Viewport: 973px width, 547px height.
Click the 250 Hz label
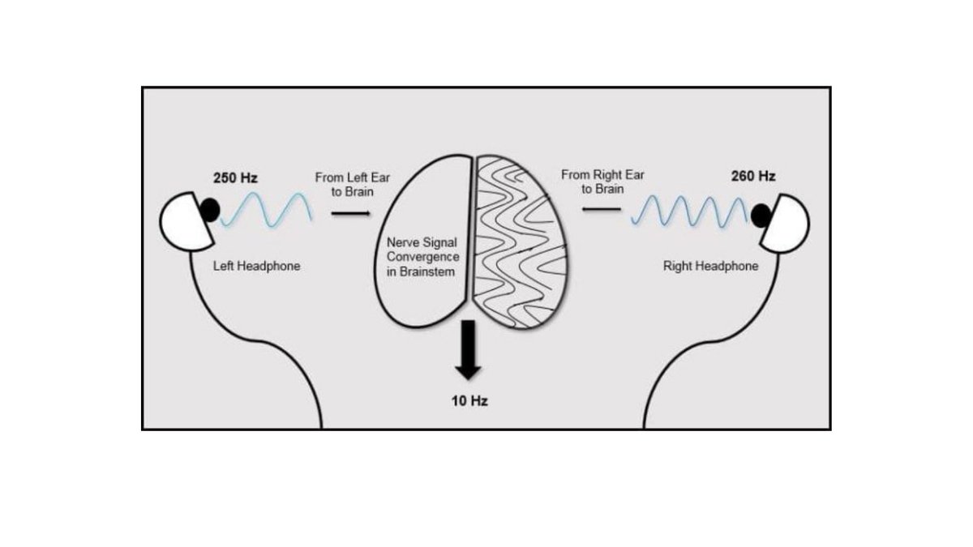(x=235, y=177)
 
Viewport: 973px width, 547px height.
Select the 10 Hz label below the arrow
(x=469, y=401)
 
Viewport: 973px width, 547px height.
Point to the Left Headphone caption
(x=256, y=266)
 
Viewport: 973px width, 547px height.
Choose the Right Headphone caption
(x=710, y=266)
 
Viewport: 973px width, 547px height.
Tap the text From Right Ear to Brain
(x=602, y=182)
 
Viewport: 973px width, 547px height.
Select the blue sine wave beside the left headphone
(x=266, y=210)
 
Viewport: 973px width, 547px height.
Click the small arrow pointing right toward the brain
(x=350, y=214)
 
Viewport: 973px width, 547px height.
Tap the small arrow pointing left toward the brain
(x=601, y=210)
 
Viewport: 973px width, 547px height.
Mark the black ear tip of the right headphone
(x=761, y=215)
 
